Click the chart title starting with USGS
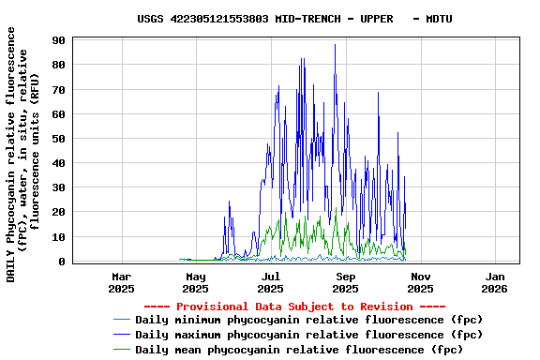point(294,19)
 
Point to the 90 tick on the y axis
point(57,40)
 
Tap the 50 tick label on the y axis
point(57,139)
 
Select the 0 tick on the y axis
point(61,262)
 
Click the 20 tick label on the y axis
point(57,213)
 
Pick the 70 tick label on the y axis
point(57,90)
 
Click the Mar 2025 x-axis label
point(121,283)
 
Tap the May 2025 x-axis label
point(196,283)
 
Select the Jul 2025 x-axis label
point(271,283)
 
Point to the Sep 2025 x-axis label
point(346,283)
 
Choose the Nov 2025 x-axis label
point(421,283)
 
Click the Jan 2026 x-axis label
point(496,283)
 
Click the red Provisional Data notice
point(294,307)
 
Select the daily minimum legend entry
point(308,320)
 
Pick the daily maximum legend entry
point(308,335)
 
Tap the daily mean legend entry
point(299,350)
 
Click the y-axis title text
point(23,155)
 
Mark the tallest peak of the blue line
point(335,45)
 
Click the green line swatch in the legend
point(121,350)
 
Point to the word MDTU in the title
point(439,19)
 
